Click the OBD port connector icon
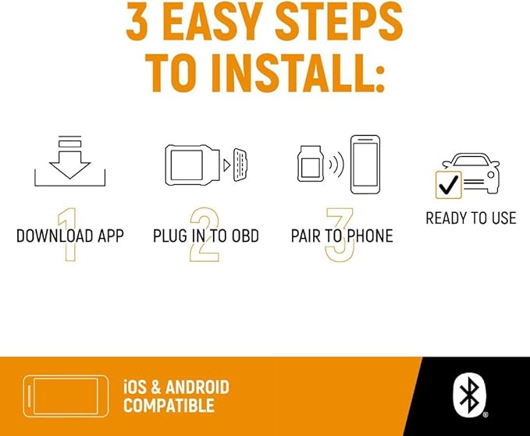[240, 165]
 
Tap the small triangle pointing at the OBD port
[227, 165]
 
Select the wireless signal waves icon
[336, 164]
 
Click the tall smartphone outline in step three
[365, 165]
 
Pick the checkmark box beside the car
[449, 185]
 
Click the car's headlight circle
[491, 175]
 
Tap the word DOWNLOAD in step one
[55, 236]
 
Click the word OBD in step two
[245, 236]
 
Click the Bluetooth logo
[469, 395]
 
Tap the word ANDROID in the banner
[197, 387]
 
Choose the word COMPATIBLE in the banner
[169, 406]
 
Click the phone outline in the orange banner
[66, 396]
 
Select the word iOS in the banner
[135, 387]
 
